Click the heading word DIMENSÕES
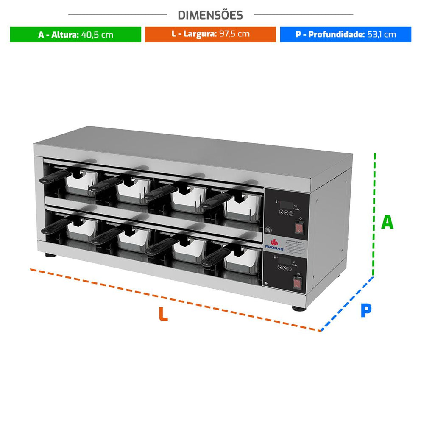click(x=210, y=15)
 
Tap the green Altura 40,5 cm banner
click(x=75, y=34)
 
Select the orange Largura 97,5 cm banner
click(x=210, y=34)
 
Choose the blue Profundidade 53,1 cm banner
click(x=346, y=34)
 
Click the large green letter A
click(x=387, y=222)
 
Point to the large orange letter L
click(x=163, y=314)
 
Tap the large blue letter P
click(x=365, y=310)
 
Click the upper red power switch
click(x=300, y=228)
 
